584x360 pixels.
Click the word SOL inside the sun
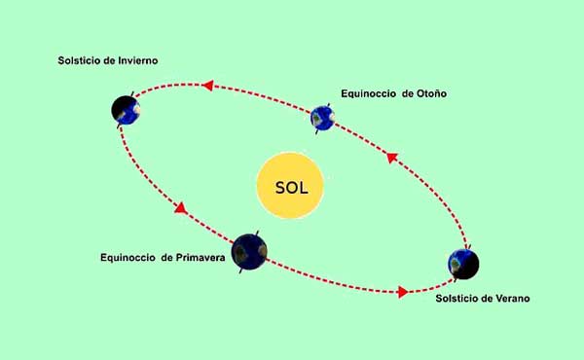click(292, 187)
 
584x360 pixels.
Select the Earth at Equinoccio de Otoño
click(323, 119)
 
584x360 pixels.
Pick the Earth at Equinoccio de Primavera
click(251, 252)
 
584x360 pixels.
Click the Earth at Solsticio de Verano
click(463, 263)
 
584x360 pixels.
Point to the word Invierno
click(135, 61)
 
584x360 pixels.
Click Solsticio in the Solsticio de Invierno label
click(80, 61)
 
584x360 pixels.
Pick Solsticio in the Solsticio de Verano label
click(457, 297)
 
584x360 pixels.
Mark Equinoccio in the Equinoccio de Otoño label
click(368, 94)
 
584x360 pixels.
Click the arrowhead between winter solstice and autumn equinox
click(207, 86)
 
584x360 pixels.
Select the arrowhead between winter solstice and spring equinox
click(178, 208)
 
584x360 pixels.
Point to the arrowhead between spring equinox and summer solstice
click(402, 290)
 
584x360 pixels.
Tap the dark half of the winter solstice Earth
click(120, 109)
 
